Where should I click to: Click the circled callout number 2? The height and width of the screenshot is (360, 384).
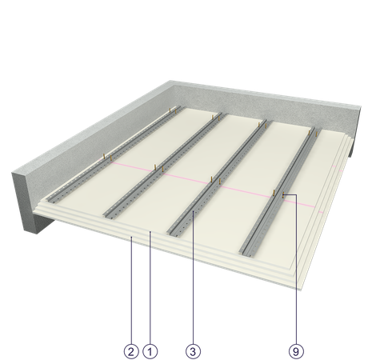coord(131,351)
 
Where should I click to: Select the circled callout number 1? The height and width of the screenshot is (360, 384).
coord(150,351)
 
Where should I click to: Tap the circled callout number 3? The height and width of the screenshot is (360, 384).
coord(193,351)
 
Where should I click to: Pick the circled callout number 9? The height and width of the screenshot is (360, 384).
coord(296,351)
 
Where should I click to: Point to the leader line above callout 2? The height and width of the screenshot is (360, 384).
coord(131,290)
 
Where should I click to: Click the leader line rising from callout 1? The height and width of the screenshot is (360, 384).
coord(150,288)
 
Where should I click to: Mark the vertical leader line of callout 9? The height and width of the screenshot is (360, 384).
coord(296,270)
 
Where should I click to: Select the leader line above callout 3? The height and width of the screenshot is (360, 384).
coord(193,278)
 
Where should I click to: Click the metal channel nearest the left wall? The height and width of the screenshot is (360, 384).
coord(114,154)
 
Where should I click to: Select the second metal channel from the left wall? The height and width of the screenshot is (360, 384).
coord(166,166)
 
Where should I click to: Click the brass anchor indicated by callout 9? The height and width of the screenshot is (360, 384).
coord(283,194)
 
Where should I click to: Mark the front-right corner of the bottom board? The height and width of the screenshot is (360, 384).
coord(301,289)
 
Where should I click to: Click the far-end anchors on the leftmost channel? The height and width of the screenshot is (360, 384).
coord(173,110)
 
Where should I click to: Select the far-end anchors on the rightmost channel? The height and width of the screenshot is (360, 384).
coord(313,133)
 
